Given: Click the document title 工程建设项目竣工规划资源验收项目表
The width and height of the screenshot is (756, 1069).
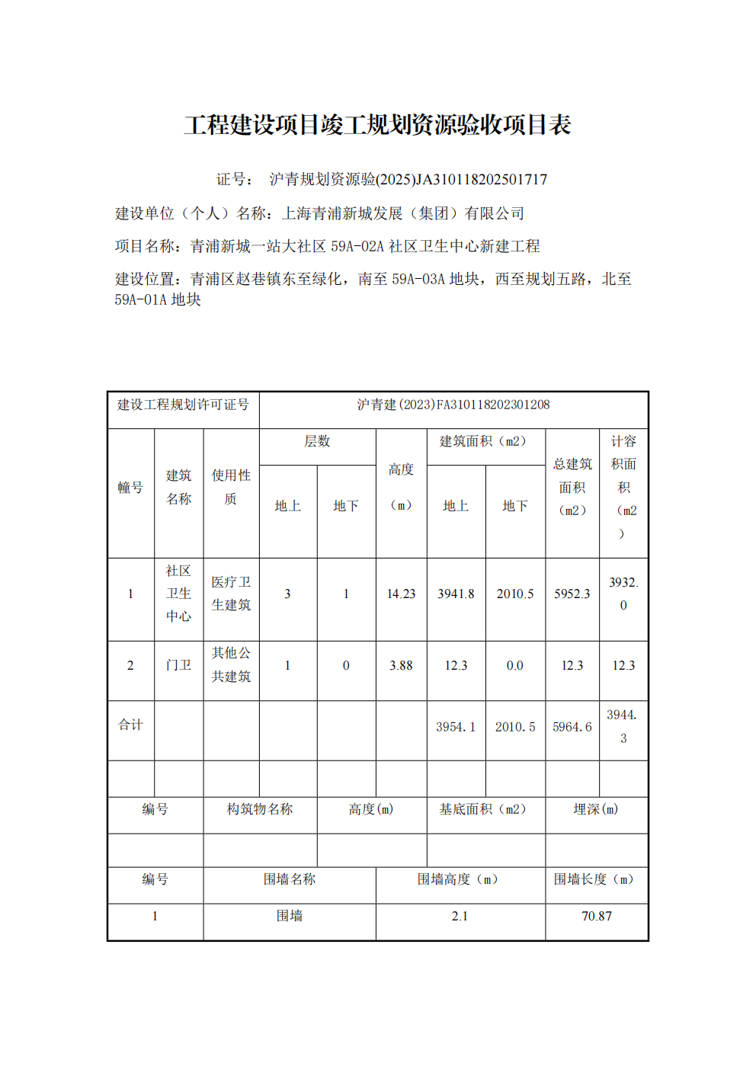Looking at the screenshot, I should pyautogui.click(x=377, y=125).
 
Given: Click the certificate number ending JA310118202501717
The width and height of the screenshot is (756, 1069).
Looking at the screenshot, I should pyautogui.click(x=408, y=180).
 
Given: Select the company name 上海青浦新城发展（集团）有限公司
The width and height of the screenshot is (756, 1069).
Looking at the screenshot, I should pyautogui.click(x=403, y=213).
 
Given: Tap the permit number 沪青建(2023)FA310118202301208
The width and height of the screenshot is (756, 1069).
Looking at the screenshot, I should pyautogui.click(x=453, y=405).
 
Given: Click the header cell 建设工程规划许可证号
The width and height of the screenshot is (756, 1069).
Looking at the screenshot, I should pyautogui.click(x=183, y=405).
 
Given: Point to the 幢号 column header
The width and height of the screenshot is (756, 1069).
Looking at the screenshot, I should pyautogui.click(x=130, y=488).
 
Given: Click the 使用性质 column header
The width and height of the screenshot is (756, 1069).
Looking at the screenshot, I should pyautogui.click(x=231, y=487).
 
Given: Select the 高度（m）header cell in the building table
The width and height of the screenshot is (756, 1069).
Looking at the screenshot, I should pyautogui.click(x=401, y=487).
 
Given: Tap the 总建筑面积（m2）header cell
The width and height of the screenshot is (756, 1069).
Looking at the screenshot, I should pyautogui.click(x=572, y=487).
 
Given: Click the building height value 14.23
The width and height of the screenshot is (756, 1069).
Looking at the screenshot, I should pyautogui.click(x=401, y=594).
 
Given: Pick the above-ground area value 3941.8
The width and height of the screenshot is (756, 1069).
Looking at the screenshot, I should pyautogui.click(x=456, y=594).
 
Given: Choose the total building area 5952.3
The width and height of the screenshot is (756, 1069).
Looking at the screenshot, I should pyautogui.click(x=572, y=594).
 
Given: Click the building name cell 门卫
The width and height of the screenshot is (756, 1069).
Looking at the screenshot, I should pyautogui.click(x=178, y=666).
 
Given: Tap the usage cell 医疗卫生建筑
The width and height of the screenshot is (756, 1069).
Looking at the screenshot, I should pyautogui.click(x=231, y=594).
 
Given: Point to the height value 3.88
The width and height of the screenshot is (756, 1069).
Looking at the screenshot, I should pyautogui.click(x=401, y=666).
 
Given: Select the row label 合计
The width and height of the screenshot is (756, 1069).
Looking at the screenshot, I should pyautogui.click(x=130, y=725).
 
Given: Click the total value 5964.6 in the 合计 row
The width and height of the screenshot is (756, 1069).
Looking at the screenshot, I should pyautogui.click(x=572, y=728).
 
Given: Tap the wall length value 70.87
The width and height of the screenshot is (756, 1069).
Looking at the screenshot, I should pyautogui.click(x=597, y=917).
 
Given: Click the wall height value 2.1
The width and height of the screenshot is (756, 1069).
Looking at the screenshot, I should pyautogui.click(x=460, y=917).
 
